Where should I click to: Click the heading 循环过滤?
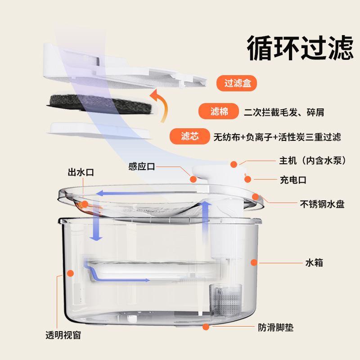(300, 49)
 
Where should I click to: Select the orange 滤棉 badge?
(219, 111)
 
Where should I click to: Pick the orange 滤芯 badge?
(190, 136)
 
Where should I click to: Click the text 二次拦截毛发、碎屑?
(284, 112)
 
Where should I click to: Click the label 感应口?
(141, 166)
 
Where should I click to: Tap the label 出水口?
(81, 172)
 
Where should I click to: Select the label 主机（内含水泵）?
(313, 160)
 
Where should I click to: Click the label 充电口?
(293, 180)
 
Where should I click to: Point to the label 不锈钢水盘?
(322, 204)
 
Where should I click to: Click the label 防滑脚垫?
(276, 328)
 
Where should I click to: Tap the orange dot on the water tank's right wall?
(254, 262)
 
